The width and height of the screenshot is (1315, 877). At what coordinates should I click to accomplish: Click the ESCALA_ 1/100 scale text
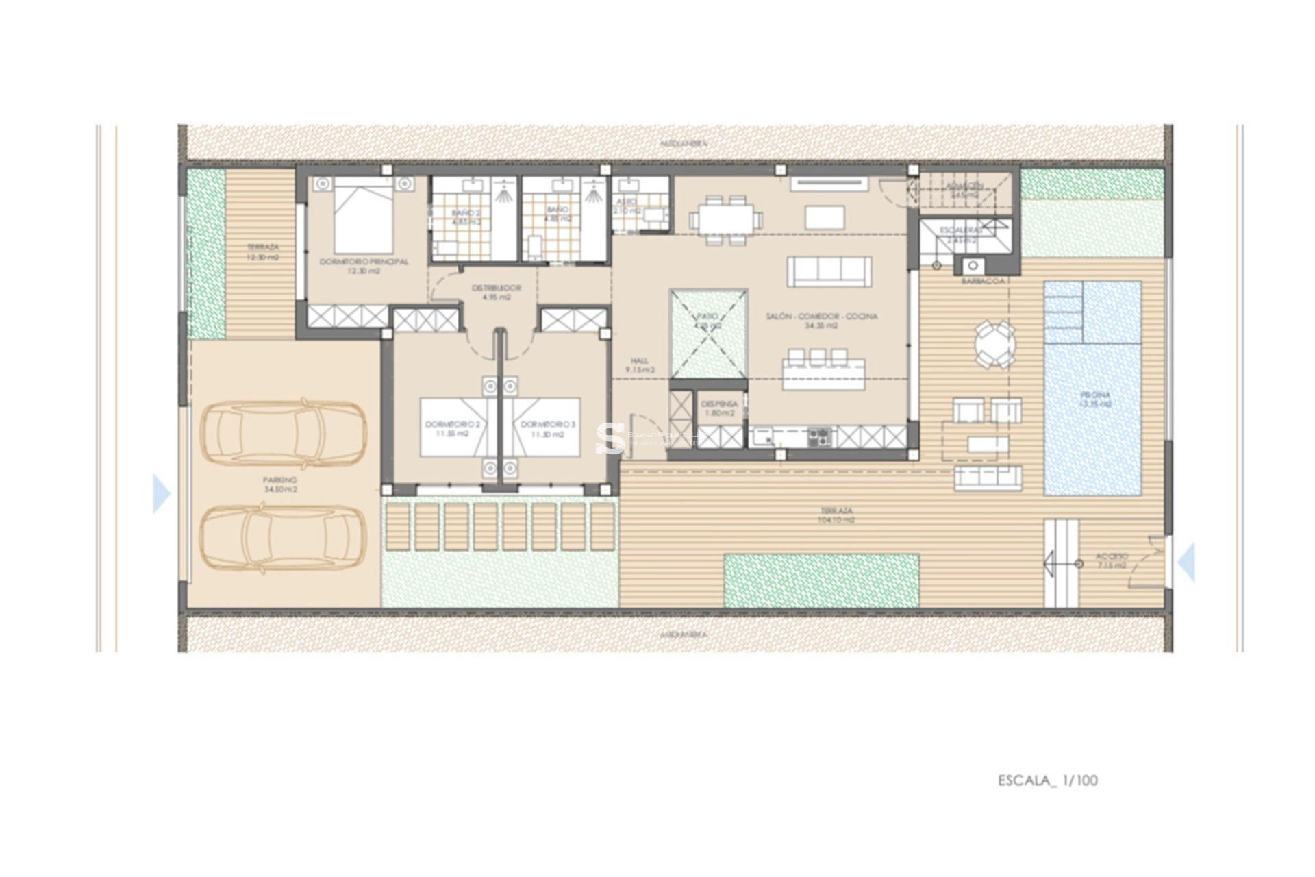(x=1047, y=780)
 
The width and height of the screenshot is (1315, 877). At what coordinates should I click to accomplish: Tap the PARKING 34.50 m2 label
(x=280, y=485)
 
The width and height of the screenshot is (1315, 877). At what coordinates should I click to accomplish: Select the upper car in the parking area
(x=283, y=433)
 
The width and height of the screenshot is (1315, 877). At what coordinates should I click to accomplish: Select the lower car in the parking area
(x=283, y=539)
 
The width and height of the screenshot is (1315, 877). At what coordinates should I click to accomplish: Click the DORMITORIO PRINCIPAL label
(x=364, y=266)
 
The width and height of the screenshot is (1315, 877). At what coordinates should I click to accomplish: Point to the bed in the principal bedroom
(x=364, y=216)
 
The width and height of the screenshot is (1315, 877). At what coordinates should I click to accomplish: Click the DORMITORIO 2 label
(x=452, y=429)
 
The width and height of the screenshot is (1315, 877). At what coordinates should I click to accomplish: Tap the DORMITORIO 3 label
(x=548, y=429)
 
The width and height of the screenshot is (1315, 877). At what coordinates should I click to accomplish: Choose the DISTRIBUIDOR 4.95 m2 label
(x=497, y=293)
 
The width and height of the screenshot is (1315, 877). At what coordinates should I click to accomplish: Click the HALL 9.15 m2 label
(x=640, y=365)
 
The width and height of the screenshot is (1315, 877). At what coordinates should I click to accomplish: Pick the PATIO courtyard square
(x=708, y=334)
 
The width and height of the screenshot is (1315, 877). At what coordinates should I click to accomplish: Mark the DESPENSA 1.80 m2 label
(x=719, y=408)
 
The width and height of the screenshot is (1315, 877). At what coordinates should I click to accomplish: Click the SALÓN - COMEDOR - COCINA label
(x=821, y=321)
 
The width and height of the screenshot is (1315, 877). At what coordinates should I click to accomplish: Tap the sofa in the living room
(x=829, y=271)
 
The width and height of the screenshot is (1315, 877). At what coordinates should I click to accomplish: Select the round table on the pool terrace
(x=995, y=344)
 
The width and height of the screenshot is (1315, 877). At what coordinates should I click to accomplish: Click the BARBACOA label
(x=982, y=281)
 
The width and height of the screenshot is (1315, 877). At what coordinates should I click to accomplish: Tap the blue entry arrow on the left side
(x=161, y=493)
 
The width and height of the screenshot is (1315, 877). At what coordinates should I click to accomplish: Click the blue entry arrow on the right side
(x=1187, y=562)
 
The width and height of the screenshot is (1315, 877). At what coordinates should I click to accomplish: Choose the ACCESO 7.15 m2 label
(x=1111, y=561)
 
